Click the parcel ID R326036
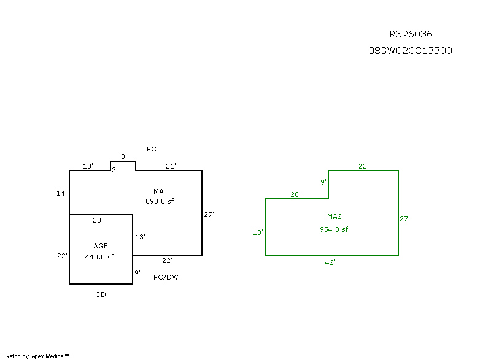[411, 34]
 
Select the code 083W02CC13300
[410, 51]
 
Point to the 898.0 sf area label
[160, 201]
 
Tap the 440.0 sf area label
[99, 257]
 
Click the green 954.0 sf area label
[334, 229]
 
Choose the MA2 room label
[334, 216]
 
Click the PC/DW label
[166, 277]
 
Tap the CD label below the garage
[101, 294]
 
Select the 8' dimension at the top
[123, 156]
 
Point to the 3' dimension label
[114, 170]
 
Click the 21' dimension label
[171, 166]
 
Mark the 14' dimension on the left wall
[61, 193]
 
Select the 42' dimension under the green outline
[330, 262]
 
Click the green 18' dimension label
[258, 232]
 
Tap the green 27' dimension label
[404, 218]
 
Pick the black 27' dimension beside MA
[209, 215]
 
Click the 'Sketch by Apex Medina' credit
[37, 355]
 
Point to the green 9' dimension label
[323, 182]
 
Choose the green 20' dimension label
[295, 194]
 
